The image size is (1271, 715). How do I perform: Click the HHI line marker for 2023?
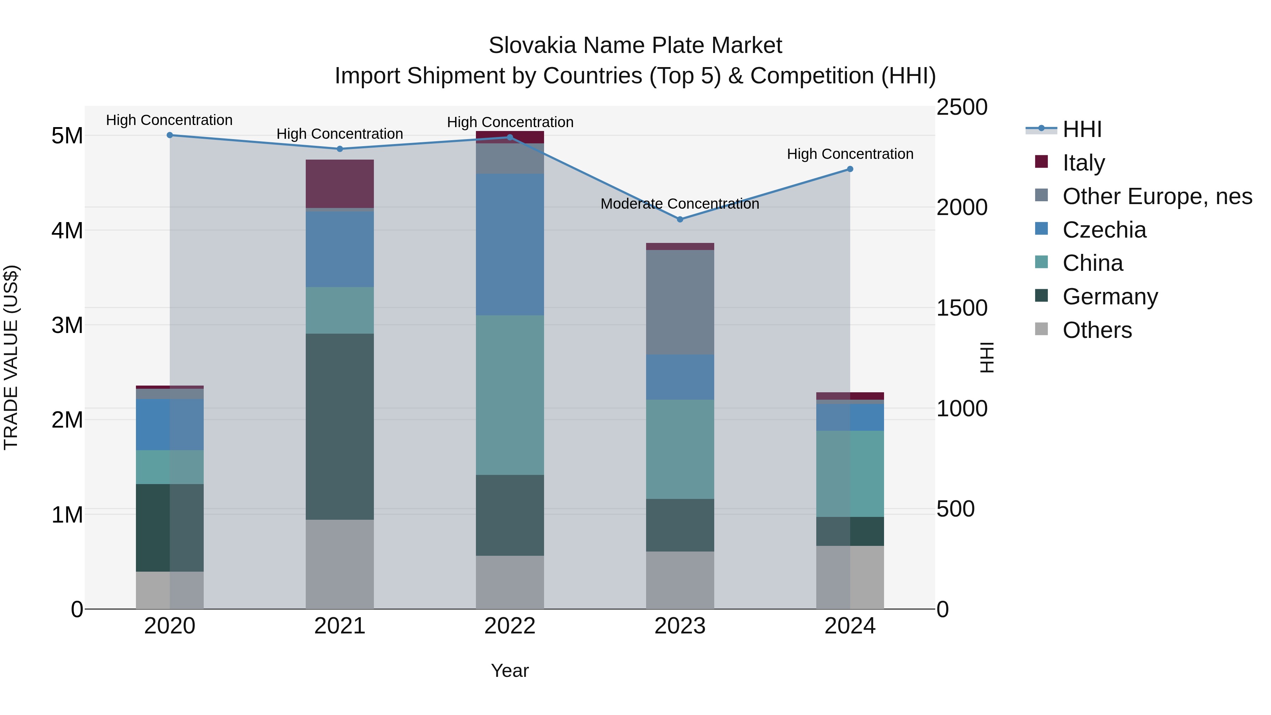(680, 219)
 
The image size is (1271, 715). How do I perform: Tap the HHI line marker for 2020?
(170, 135)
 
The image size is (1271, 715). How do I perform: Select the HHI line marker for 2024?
(850, 169)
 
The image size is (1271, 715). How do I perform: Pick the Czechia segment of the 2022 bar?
(510, 244)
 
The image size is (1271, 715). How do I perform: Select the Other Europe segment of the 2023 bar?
(680, 302)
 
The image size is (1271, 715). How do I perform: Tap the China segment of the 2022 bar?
(510, 395)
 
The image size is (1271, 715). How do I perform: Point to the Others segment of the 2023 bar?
(680, 580)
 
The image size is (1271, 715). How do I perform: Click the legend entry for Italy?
(1084, 162)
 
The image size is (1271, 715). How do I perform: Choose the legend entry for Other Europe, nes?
(1157, 196)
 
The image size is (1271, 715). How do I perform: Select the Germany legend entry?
(1110, 297)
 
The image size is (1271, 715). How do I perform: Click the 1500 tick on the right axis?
(962, 308)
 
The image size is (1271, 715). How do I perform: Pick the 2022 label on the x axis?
(510, 626)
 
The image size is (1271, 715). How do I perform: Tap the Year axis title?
(510, 671)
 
